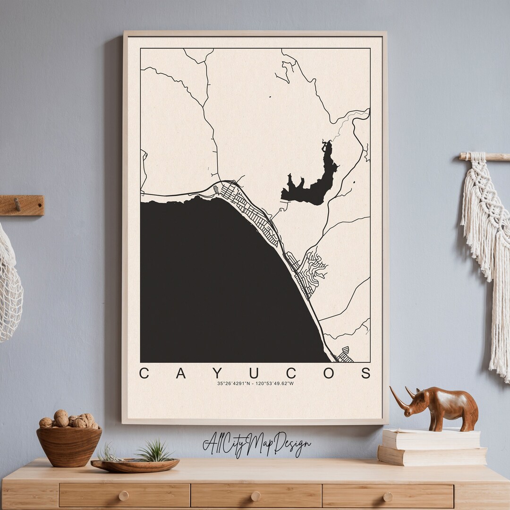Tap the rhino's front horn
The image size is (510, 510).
pos(399,399)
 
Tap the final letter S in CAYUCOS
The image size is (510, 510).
pos(366,373)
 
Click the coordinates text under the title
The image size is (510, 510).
pos(255,383)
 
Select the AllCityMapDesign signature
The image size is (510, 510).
pos(256,444)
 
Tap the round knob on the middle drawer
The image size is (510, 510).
pos(255,496)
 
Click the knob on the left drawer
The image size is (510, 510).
pos(123,496)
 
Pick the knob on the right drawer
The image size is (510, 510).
pos(387,497)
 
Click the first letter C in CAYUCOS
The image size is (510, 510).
pos(144,373)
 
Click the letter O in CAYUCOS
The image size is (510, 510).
pos(329,373)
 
